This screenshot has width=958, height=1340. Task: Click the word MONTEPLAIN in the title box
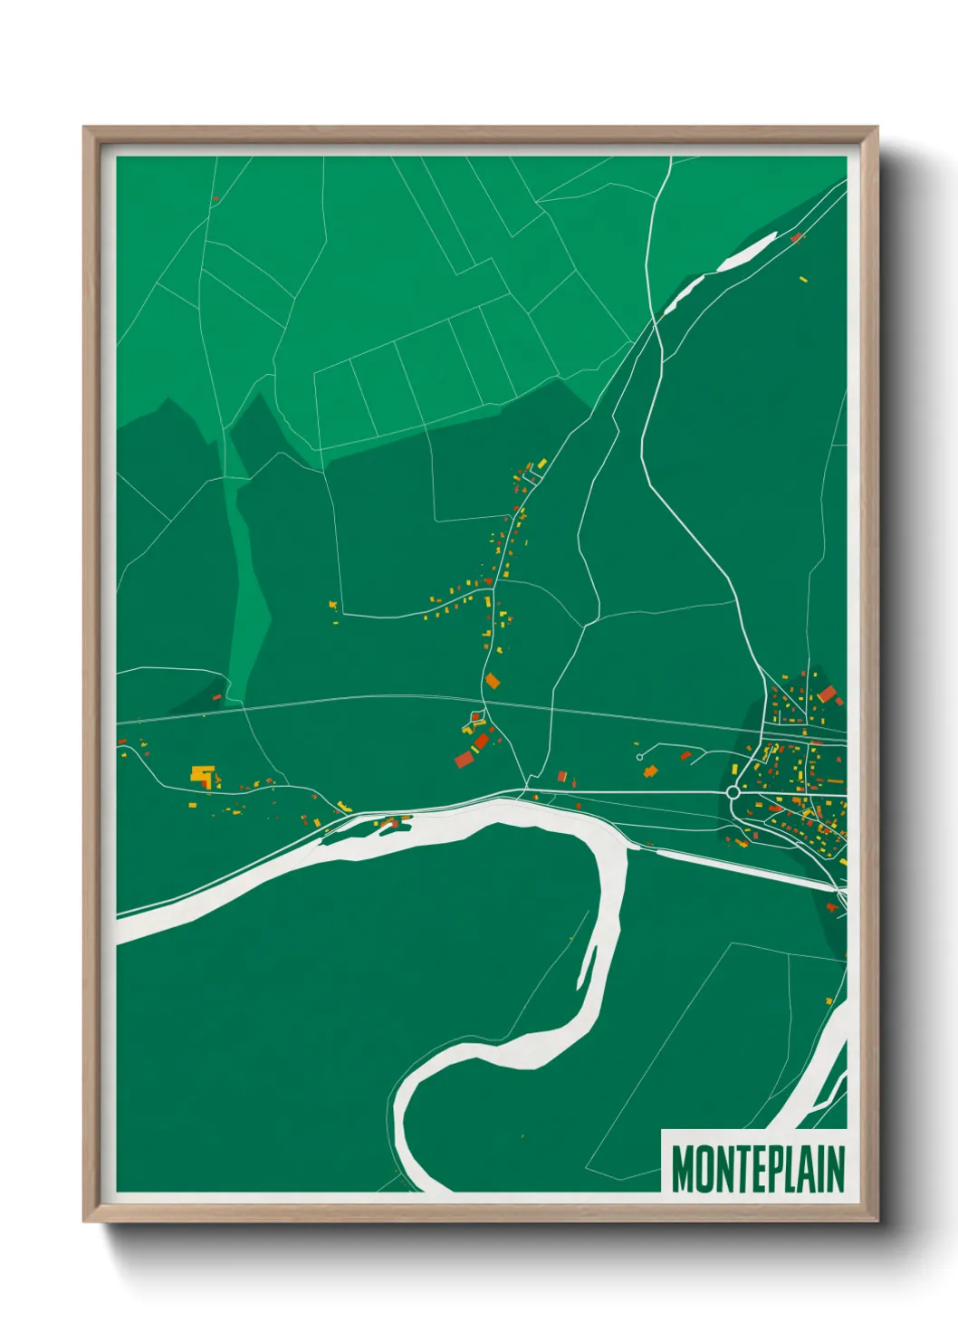(758, 1169)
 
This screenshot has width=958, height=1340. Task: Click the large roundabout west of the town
(733, 792)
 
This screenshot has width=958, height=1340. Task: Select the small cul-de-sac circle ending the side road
(639, 756)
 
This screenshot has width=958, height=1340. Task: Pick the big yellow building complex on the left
(203, 775)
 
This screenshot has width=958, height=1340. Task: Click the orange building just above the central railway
(492, 680)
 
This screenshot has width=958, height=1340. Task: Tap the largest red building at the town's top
(827, 694)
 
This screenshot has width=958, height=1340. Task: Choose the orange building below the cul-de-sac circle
(649, 771)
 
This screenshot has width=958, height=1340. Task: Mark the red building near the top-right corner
(797, 238)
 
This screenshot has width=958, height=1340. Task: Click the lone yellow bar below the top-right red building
(803, 280)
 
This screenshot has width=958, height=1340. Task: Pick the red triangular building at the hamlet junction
(482, 742)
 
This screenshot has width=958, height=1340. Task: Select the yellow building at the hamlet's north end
(541, 463)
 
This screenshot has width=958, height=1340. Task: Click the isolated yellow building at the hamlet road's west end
(334, 603)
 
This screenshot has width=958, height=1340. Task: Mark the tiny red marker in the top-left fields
(216, 198)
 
